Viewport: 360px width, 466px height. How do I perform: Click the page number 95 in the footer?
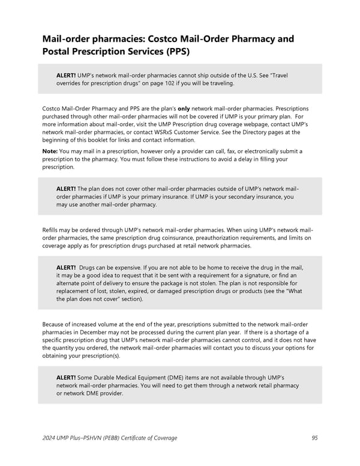pos(314,438)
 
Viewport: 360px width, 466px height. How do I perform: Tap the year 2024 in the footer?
pos(50,438)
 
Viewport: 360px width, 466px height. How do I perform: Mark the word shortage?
pos(289,332)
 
